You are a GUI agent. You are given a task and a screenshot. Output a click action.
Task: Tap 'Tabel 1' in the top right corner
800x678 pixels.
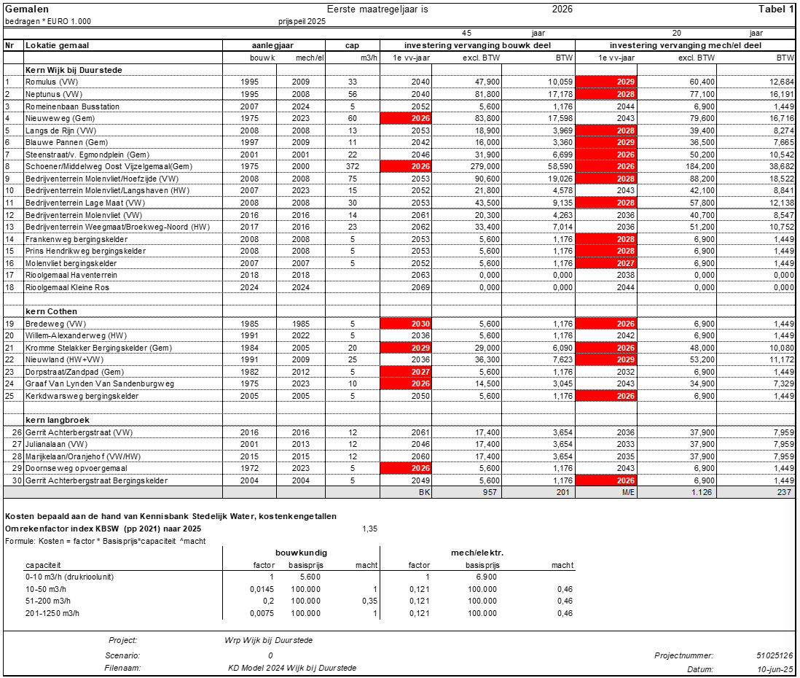pyautogui.click(x=776, y=9)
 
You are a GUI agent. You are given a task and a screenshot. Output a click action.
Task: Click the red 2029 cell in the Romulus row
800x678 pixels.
pyautogui.click(x=605, y=82)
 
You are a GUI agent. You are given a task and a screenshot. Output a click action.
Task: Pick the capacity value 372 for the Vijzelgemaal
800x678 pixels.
pyautogui.click(x=352, y=166)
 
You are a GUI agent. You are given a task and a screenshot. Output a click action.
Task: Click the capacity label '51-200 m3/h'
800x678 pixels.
pyautogui.click(x=47, y=600)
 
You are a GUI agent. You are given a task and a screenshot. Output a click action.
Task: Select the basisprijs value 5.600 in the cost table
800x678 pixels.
pyautogui.click(x=310, y=577)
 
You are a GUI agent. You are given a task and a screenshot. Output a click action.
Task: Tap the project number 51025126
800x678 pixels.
pyautogui.click(x=774, y=655)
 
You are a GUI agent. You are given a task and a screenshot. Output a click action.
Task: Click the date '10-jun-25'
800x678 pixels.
pyautogui.click(x=776, y=669)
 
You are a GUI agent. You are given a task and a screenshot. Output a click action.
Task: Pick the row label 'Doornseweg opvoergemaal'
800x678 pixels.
pyautogui.click(x=76, y=469)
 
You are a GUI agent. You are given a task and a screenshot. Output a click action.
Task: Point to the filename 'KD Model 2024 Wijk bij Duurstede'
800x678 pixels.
pyautogui.click(x=291, y=668)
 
